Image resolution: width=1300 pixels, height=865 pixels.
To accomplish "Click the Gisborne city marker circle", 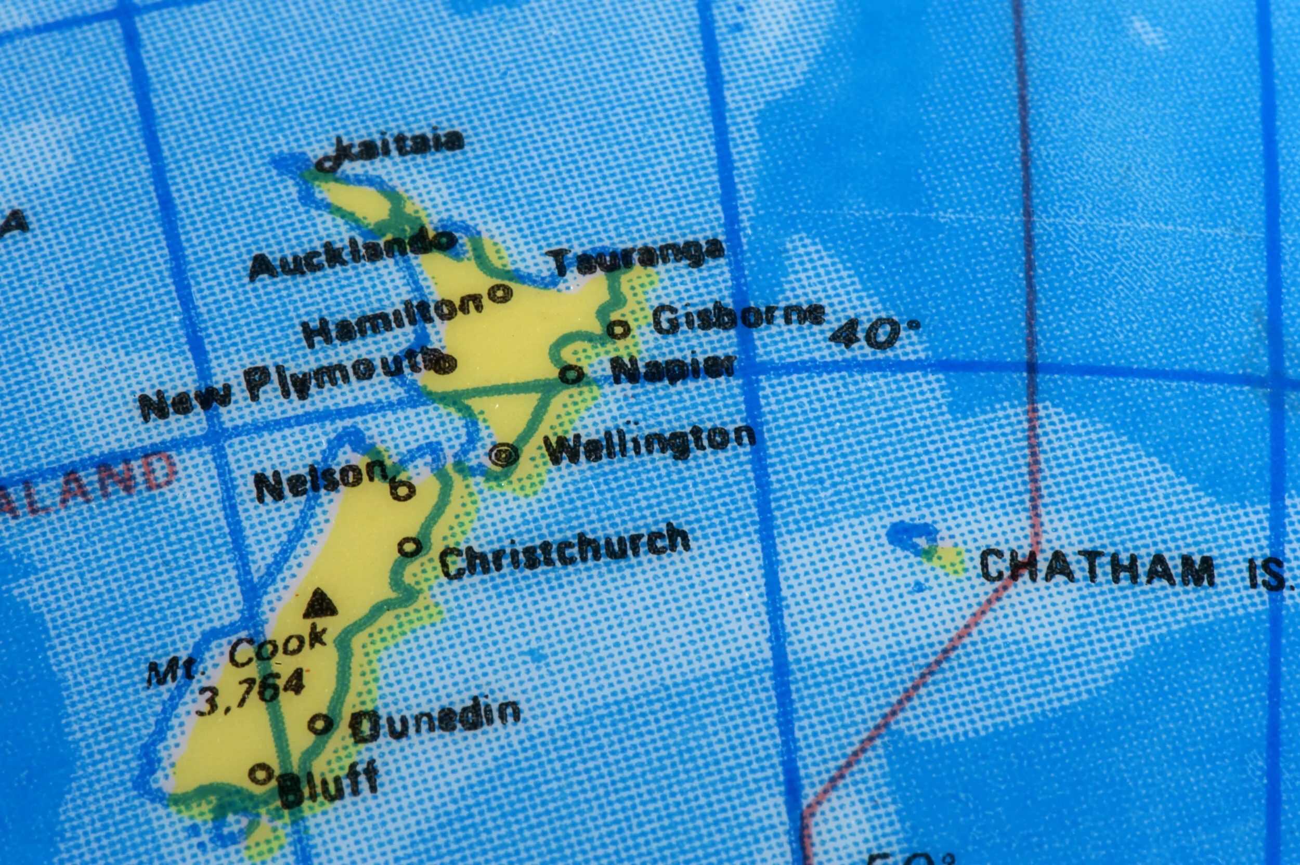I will (x=619, y=330).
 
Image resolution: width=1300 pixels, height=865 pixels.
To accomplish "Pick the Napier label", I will (x=674, y=368).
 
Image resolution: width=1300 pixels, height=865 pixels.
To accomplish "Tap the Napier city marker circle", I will (x=571, y=374).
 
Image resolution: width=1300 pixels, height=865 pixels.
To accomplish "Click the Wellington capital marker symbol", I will (x=504, y=455).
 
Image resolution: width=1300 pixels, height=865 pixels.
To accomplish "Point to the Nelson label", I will (x=320, y=480).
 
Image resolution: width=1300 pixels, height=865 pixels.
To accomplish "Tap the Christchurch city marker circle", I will (x=409, y=547).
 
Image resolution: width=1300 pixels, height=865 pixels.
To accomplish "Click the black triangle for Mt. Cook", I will (x=319, y=604).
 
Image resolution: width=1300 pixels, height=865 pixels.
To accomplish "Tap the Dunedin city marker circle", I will (x=320, y=723).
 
